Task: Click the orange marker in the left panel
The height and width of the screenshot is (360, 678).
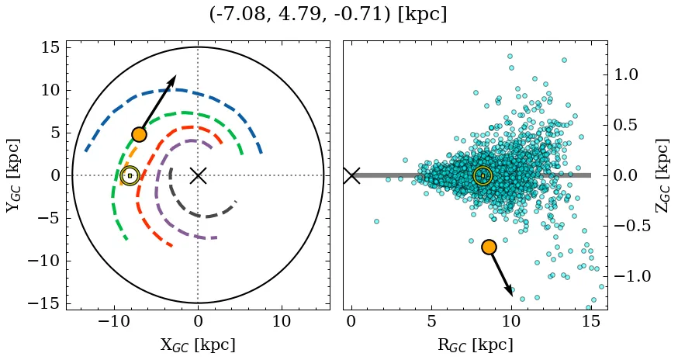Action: point(139,134)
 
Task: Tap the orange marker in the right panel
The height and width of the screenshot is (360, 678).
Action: point(489,247)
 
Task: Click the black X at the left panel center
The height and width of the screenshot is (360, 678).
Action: point(198,175)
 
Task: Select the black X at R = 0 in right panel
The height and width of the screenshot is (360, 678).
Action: point(351,175)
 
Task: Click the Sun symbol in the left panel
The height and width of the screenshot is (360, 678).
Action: point(130,175)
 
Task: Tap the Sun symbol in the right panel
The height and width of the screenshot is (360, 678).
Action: point(483,175)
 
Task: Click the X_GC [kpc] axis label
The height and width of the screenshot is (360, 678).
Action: point(198,344)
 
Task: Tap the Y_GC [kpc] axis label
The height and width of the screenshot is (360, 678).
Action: point(13,175)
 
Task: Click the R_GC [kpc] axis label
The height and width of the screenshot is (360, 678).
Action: point(475,344)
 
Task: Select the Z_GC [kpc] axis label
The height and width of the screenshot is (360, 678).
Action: point(662,175)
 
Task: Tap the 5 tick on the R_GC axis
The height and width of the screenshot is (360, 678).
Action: point(431,321)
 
